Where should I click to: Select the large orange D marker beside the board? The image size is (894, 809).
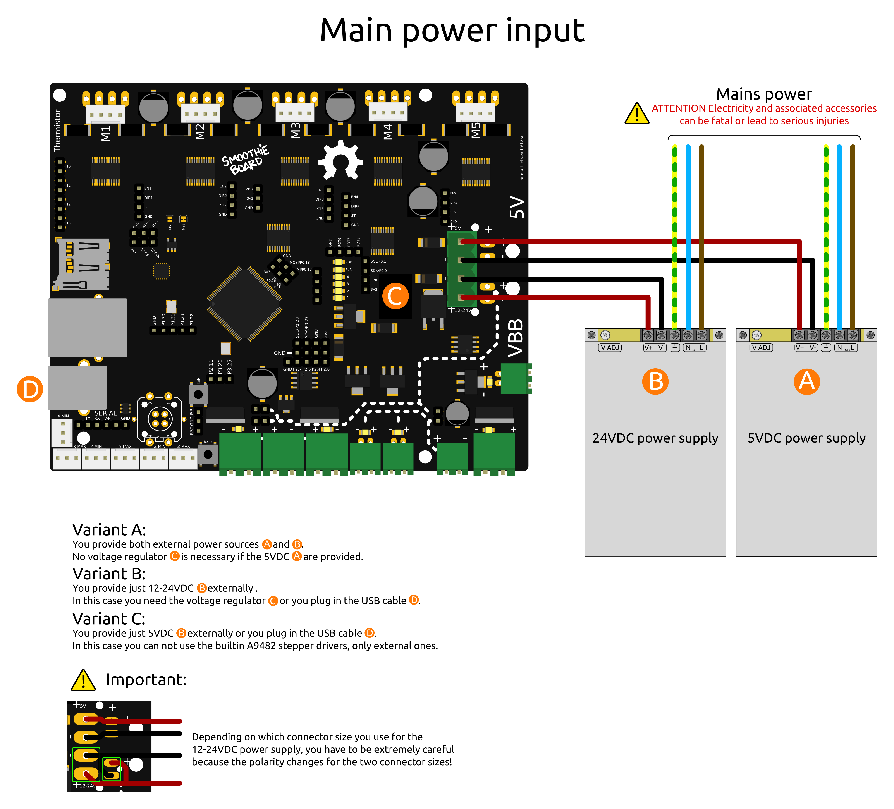[x=30, y=389]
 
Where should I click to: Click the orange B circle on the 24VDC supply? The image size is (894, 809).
[x=655, y=381]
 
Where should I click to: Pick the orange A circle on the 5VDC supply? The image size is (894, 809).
[x=807, y=381]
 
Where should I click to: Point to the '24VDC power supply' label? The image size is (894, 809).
[x=655, y=438]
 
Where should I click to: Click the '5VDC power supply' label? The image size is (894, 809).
[x=806, y=438]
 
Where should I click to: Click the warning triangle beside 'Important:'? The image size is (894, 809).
[x=83, y=680]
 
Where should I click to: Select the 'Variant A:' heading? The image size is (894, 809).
[x=109, y=530]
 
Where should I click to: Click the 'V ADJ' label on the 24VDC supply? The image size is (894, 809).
[x=610, y=347]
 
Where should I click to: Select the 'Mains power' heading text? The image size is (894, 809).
[x=764, y=94]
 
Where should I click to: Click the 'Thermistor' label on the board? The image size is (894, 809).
[x=57, y=131]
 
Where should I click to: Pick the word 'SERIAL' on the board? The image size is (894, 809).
[x=106, y=413]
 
